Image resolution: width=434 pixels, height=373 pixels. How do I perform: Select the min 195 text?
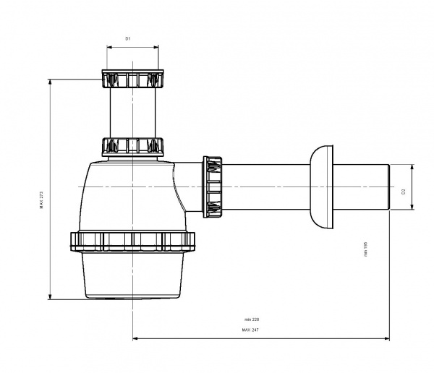pos(366,249)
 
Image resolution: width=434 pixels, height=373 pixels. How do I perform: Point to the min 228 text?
pos(251,319)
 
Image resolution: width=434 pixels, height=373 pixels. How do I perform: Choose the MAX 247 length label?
pos(251,330)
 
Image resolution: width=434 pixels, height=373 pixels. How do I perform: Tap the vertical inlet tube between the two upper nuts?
pos(132,112)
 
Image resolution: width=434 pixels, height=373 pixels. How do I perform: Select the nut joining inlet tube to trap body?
pos(132,147)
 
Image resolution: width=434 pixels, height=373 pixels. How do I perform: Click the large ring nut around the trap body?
pos(132,241)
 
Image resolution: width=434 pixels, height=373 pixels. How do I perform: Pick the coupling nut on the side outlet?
pos(215,186)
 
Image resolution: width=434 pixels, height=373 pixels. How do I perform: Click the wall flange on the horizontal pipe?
pos(322,187)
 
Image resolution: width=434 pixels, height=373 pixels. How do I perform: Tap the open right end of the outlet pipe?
pos(389,187)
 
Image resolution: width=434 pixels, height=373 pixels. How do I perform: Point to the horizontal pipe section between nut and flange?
pos(268,186)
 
